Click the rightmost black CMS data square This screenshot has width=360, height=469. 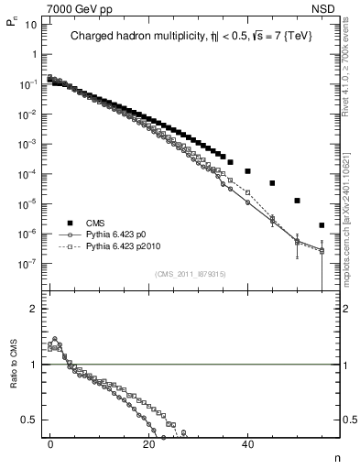(x=322, y=225)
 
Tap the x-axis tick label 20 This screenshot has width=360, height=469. (x=148, y=443)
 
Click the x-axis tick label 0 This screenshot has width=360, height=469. (x=50, y=443)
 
